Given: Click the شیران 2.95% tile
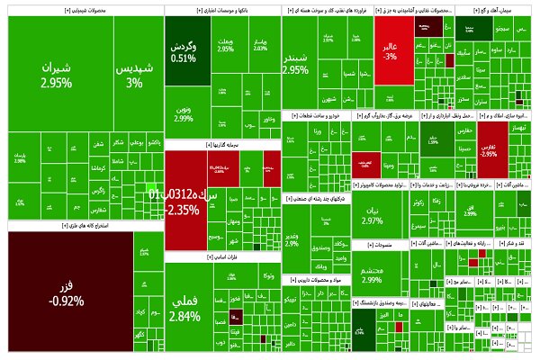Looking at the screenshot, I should coord(56,76).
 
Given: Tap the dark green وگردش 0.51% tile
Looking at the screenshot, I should coord(184,52).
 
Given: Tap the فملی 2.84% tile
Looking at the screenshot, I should coord(184,310).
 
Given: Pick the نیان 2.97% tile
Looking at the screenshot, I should coord(372,217).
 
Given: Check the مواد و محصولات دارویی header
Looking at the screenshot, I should coord(313,280).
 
